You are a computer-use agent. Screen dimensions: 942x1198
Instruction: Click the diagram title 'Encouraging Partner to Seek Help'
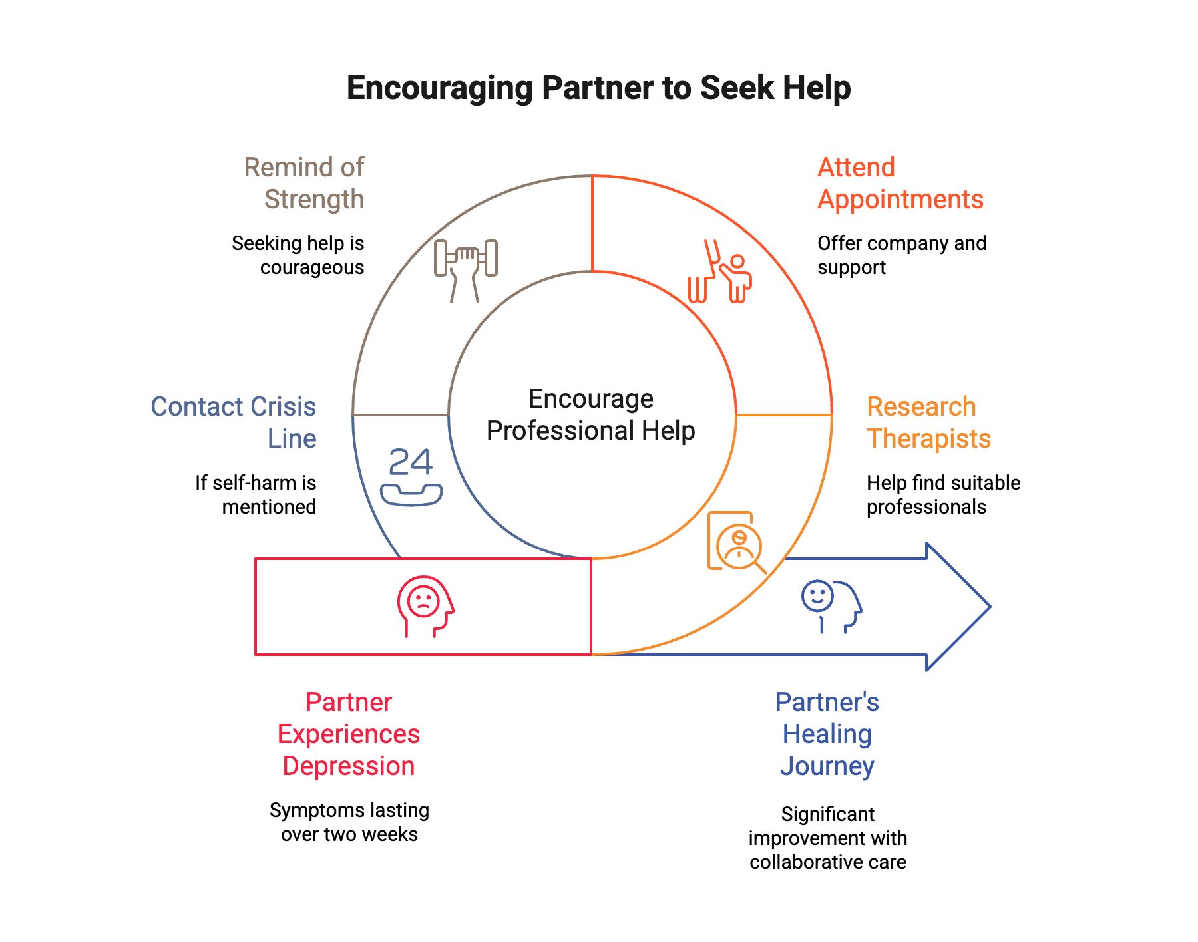point(598,88)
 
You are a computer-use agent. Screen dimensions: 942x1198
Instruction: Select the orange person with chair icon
point(719,273)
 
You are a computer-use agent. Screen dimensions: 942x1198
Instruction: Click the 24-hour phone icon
point(411,477)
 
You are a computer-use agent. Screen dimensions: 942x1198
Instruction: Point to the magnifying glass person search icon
point(736,542)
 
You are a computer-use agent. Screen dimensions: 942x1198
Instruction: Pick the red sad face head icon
point(425,606)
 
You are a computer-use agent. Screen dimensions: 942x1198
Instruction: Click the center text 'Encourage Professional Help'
point(591,415)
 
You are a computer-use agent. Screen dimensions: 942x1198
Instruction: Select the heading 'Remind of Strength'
point(305,184)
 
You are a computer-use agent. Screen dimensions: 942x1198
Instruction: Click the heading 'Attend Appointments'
point(900,184)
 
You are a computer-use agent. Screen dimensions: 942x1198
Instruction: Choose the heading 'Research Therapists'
point(928,423)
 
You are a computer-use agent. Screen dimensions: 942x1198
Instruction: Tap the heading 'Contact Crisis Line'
point(234,423)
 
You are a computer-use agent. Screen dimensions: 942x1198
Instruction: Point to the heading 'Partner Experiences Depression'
point(349,734)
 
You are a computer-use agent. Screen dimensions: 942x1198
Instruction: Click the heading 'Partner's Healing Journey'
point(827,734)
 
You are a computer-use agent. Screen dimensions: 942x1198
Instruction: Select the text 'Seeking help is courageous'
point(299,255)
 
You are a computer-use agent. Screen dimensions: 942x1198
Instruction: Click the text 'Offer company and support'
point(901,255)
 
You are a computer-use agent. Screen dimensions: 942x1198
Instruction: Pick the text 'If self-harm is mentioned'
point(256,495)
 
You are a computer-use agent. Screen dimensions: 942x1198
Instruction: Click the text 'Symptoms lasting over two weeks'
point(349,822)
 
